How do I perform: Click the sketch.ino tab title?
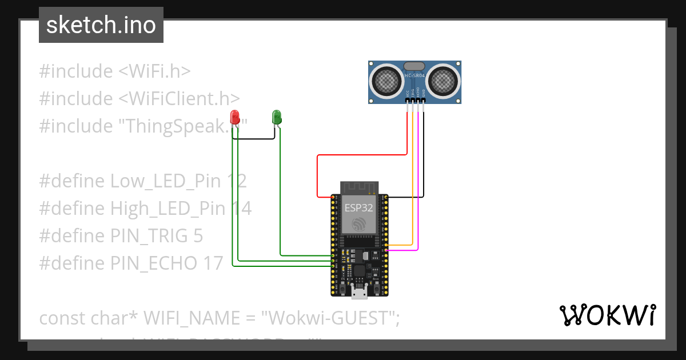101,25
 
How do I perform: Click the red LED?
235,117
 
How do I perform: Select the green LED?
277,117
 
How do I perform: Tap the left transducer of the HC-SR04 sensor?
388,80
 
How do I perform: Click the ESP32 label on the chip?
359,208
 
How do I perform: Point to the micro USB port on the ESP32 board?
359,293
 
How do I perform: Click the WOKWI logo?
607,315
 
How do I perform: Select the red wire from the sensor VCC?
360,154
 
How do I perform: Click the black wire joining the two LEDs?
254,138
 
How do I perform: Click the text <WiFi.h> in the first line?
154,71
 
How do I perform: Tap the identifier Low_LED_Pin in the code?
165,181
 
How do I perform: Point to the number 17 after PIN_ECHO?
213,263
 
